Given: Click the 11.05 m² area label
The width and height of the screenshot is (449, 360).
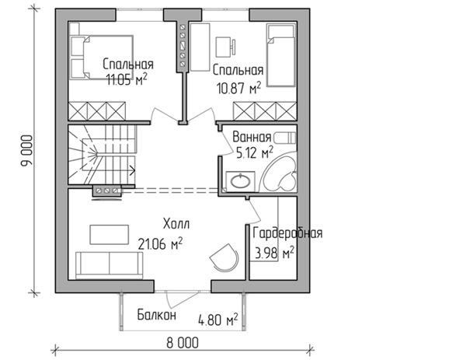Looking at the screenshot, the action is pyautogui.click(x=127, y=79).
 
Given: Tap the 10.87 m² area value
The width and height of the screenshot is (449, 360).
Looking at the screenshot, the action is pyautogui.click(x=239, y=87).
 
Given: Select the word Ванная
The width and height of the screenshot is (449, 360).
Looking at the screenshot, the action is pyautogui.click(x=252, y=138).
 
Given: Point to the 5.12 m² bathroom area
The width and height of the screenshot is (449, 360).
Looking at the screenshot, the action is pyautogui.click(x=254, y=152).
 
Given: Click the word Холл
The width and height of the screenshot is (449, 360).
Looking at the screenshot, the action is pyautogui.click(x=176, y=224).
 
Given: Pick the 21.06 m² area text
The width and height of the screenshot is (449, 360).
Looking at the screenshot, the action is pyautogui.click(x=160, y=243).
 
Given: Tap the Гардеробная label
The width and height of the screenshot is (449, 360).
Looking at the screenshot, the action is pyautogui.click(x=287, y=233).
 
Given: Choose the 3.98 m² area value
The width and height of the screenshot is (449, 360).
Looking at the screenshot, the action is pyautogui.click(x=274, y=253).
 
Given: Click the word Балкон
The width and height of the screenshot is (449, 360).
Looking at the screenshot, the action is pyautogui.click(x=156, y=315).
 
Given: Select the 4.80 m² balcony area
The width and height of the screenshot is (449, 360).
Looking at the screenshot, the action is pyautogui.click(x=218, y=320).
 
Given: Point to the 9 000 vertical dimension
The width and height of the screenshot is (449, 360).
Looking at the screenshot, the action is pyautogui.click(x=28, y=151).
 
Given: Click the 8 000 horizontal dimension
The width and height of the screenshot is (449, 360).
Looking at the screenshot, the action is pyautogui.click(x=183, y=343).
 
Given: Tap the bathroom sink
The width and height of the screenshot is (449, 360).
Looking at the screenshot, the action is pyautogui.click(x=240, y=181).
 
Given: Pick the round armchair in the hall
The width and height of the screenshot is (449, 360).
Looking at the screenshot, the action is pyautogui.click(x=224, y=257).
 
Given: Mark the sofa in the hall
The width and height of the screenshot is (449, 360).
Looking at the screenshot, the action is pyautogui.click(x=110, y=265).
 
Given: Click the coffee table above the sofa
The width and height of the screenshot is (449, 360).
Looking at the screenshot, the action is pyautogui.click(x=110, y=235).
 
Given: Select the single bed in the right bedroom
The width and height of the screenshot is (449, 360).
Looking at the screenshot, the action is pyautogui.click(x=281, y=55).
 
